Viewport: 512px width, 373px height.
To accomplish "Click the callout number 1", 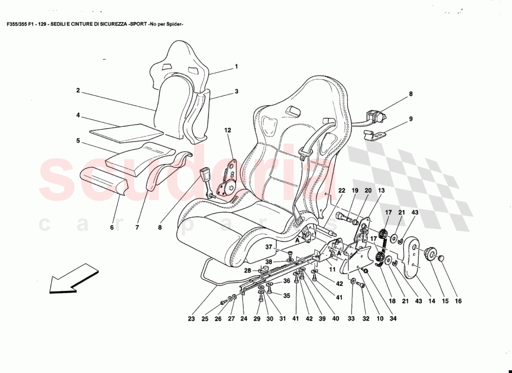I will [236, 67].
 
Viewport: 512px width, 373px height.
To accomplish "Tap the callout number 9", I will [411, 118].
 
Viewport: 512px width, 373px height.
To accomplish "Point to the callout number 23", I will [191, 319].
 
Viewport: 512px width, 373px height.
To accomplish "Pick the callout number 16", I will [458, 301].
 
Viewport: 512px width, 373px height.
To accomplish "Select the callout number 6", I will [112, 228].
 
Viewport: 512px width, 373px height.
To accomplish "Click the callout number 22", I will [342, 190].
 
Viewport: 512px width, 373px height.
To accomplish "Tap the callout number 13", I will [381, 190].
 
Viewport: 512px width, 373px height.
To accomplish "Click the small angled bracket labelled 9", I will [375, 136].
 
